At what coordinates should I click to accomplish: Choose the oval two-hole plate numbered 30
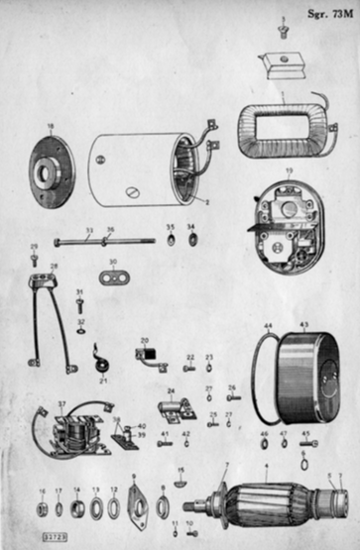coord(115,274)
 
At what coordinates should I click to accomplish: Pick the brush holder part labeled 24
coord(175,406)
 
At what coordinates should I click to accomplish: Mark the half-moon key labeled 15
coord(180,483)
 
